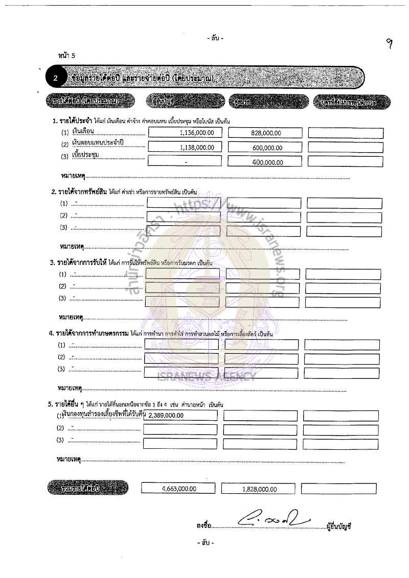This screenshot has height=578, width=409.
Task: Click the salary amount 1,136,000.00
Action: [x=197, y=132]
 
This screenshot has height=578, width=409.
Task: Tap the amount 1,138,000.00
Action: [x=197, y=147]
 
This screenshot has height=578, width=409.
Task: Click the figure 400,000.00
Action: [x=267, y=162]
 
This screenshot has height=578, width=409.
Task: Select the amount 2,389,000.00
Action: [x=166, y=415]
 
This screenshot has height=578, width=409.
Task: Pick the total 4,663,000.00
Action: [x=179, y=488]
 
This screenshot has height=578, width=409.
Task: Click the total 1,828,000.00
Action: [x=259, y=489]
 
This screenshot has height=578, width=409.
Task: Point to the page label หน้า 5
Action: [x=67, y=56]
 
